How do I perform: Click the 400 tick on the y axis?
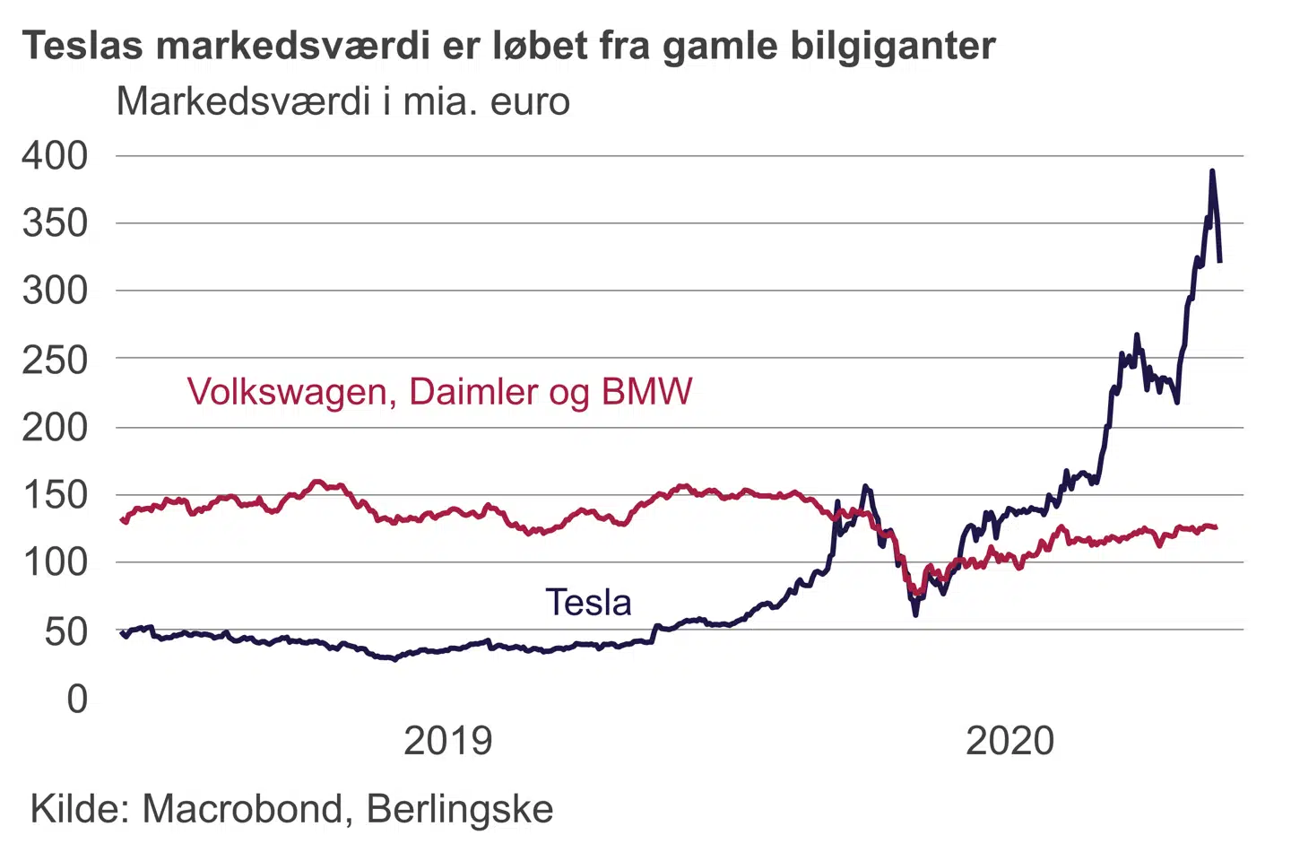tap(56, 156)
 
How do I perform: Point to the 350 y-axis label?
tap(56, 223)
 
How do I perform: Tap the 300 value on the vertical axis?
tap(56, 291)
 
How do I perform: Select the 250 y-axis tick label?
tap(56, 360)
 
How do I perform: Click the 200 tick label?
tap(56, 427)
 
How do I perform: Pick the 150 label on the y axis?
tap(56, 494)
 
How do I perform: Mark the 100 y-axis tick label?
tap(56, 562)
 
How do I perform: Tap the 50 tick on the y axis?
tap(66, 631)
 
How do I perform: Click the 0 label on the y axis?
tap(78, 699)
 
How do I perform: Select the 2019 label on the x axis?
tap(447, 741)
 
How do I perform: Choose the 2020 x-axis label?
tap(1009, 741)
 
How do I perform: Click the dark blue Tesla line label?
tap(588, 603)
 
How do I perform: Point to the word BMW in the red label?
tap(646, 392)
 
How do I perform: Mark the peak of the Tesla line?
tap(1212, 170)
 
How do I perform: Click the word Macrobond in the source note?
tap(242, 809)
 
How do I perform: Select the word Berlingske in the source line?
tap(460, 809)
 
